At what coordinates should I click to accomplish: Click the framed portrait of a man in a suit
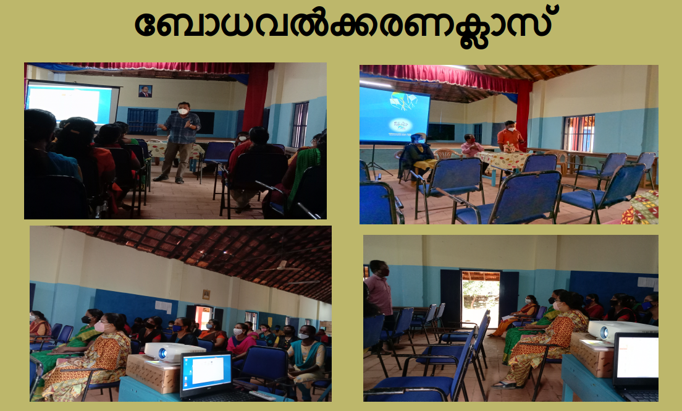[145, 91]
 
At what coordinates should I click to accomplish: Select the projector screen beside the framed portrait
[72, 103]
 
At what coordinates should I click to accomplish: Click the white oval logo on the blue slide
[400, 125]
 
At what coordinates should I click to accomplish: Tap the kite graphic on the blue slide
[403, 101]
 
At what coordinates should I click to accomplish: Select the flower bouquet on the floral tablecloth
[509, 148]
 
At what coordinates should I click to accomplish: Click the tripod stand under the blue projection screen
[374, 161]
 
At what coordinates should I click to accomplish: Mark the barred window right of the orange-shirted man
[579, 133]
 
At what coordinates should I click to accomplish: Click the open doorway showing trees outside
[480, 298]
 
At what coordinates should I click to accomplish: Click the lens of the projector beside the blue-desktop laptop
[162, 354]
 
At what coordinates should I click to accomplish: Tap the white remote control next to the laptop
[263, 396]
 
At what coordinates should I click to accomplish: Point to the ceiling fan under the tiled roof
[282, 267]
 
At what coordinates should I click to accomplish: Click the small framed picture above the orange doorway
[206, 294]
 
